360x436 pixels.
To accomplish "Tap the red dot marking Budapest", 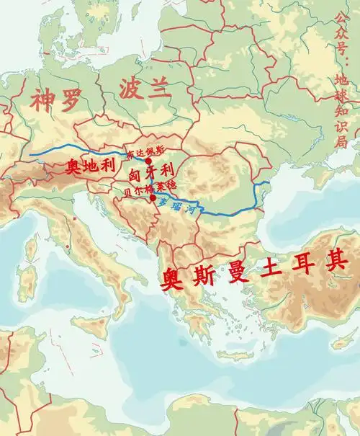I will [x=148, y=162].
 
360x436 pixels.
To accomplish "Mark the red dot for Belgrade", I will [x=153, y=197].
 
